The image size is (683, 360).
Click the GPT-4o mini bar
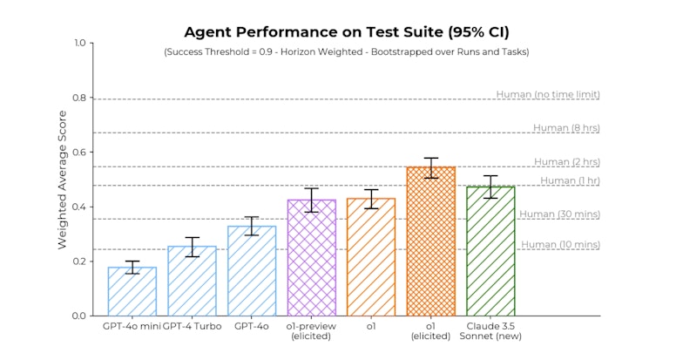(x=132, y=291)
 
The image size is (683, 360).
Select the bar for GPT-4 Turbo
(x=192, y=281)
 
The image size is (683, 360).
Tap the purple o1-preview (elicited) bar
(x=311, y=257)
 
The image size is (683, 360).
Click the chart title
(x=341, y=33)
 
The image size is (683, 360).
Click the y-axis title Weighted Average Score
(x=62, y=179)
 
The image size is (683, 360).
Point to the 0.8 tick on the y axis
(x=79, y=98)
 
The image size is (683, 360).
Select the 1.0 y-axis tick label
(x=79, y=43)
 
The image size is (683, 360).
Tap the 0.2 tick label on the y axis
(x=79, y=262)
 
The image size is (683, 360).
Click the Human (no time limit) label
(x=548, y=94)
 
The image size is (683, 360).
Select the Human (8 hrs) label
(x=566, y=128)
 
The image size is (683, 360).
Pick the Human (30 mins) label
(x=560, y=214)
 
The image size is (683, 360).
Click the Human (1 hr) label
(x=570, y=180)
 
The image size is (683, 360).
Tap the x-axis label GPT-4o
(x=251, y=326)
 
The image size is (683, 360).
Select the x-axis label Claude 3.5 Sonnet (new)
(x=490, y=331)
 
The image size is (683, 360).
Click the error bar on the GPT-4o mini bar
(x=132, y=267)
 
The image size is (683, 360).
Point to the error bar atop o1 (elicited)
(x=430, y=167)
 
